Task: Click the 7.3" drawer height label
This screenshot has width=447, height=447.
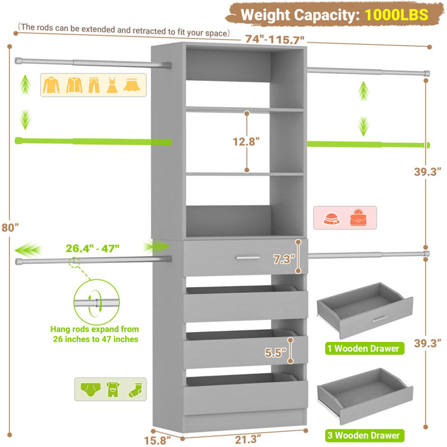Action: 282,259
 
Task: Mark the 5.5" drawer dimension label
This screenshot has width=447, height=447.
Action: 277,353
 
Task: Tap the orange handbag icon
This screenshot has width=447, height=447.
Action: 359,217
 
